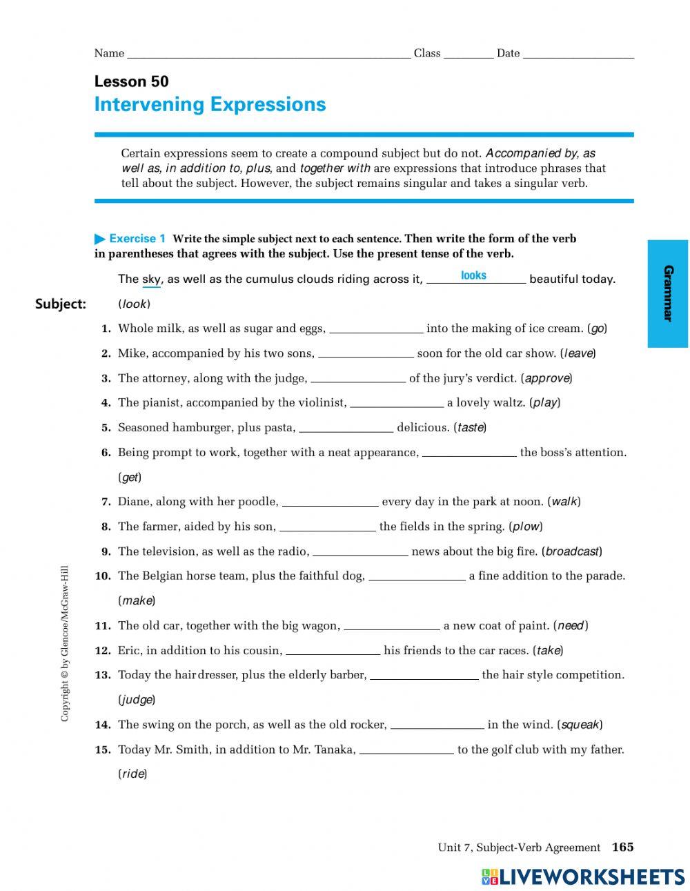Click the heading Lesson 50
tap(131, 81)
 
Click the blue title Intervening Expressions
tap(210, 104)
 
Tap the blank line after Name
tap(268, 55)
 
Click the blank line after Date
tap(578, 55)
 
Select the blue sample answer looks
tap(473, 275)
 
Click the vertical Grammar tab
tap(667, 293)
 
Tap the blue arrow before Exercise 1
tap(100, 239)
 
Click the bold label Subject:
tap(61, 304)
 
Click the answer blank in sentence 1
tap(376, 329)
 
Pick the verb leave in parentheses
tap(578, 353)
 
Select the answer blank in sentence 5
tap(346, 429)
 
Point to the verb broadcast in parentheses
tap(571, 551)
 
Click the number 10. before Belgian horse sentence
tap(103, 576)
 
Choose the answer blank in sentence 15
tap(406, 750)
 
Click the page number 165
tap(622, 847)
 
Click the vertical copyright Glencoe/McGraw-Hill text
tap(65, 643)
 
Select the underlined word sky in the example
tap(151, 280)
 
